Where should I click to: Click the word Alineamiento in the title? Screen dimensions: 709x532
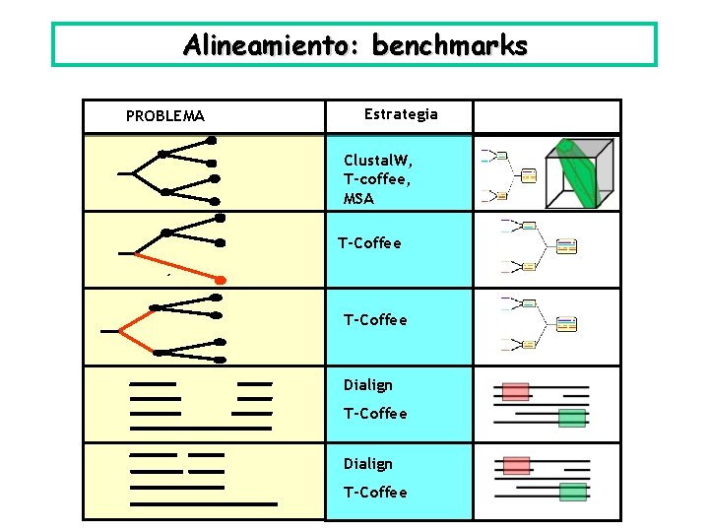(x=258, y=45)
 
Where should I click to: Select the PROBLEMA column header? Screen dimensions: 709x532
(x=165, y=116)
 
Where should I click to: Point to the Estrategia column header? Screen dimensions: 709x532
(x=401, y=114)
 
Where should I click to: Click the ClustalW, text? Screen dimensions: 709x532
(x=378, y=160)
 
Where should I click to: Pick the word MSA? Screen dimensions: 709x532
(x=358, y=199)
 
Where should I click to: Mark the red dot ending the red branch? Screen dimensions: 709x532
(x=221, y=280)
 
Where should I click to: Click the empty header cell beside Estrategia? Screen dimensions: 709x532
(x=547, y=116)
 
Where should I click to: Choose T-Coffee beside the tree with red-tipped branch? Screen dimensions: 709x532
(x=369, y=243)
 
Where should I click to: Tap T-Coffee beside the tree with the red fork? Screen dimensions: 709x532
(x=374, y=320)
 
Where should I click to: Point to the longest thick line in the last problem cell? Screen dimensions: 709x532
(x=204, y=503)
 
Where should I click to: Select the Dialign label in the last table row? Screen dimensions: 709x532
(x=367, y=464)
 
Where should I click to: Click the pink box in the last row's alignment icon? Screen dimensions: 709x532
(x=515, y=465)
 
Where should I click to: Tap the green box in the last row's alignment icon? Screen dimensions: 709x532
(x=572, y=492)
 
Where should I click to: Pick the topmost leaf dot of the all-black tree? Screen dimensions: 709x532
(x=211, y=141)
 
